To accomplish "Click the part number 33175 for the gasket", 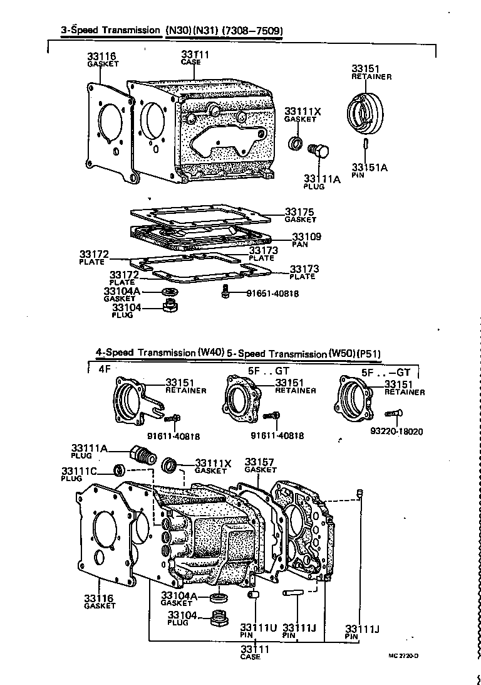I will (x=299, y=212).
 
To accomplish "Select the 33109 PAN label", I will (x=306, y=237).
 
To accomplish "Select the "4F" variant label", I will (x=104, y=369).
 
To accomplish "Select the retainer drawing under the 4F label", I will (x=132, y=403).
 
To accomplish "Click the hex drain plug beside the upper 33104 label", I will (x=168, y=307).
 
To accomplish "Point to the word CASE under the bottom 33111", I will (x=251, y=657).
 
